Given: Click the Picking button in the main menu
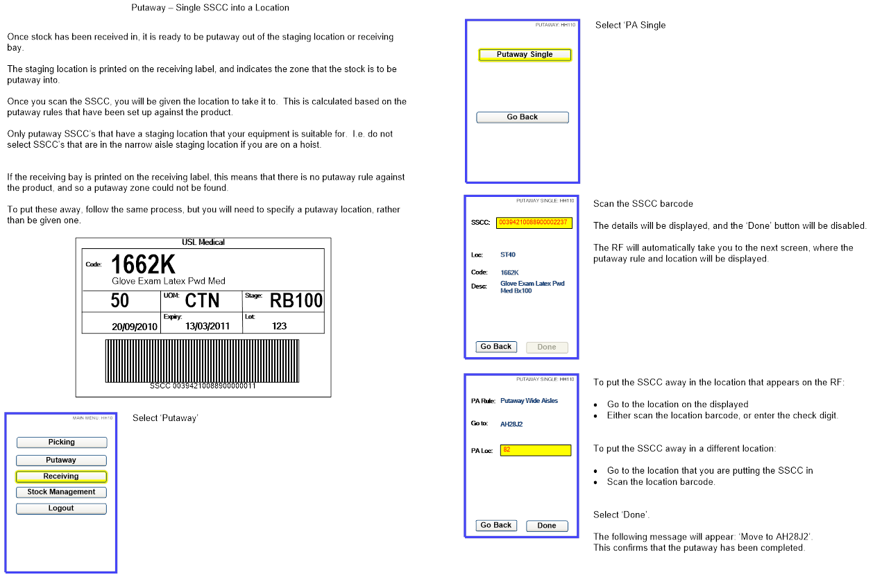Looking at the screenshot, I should click(62, 442).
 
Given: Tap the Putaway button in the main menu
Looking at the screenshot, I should click(62, 460).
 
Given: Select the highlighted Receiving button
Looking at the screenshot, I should click(62, 476).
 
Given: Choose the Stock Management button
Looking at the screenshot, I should click(62, 492).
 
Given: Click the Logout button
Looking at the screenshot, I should click(62, 508).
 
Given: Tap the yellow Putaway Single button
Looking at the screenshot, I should click(525, 55).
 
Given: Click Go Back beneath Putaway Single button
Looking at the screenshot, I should click(523, 117).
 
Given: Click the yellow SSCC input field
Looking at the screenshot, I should click(534, 223).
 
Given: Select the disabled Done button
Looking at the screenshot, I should click(547, 347).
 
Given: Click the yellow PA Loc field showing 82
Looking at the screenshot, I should click(535, 450).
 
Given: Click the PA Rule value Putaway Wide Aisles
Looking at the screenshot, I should click(529, 401).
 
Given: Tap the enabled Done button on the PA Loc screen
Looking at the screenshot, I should click(547, 526).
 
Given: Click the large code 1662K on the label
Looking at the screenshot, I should click(143, 264).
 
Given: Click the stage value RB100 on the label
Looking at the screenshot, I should click(296, 301).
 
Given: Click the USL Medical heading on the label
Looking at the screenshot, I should click(203, 242).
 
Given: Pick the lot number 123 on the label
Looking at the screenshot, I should click(280, 326).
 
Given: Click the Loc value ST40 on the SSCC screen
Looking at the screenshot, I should click(508, 255).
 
